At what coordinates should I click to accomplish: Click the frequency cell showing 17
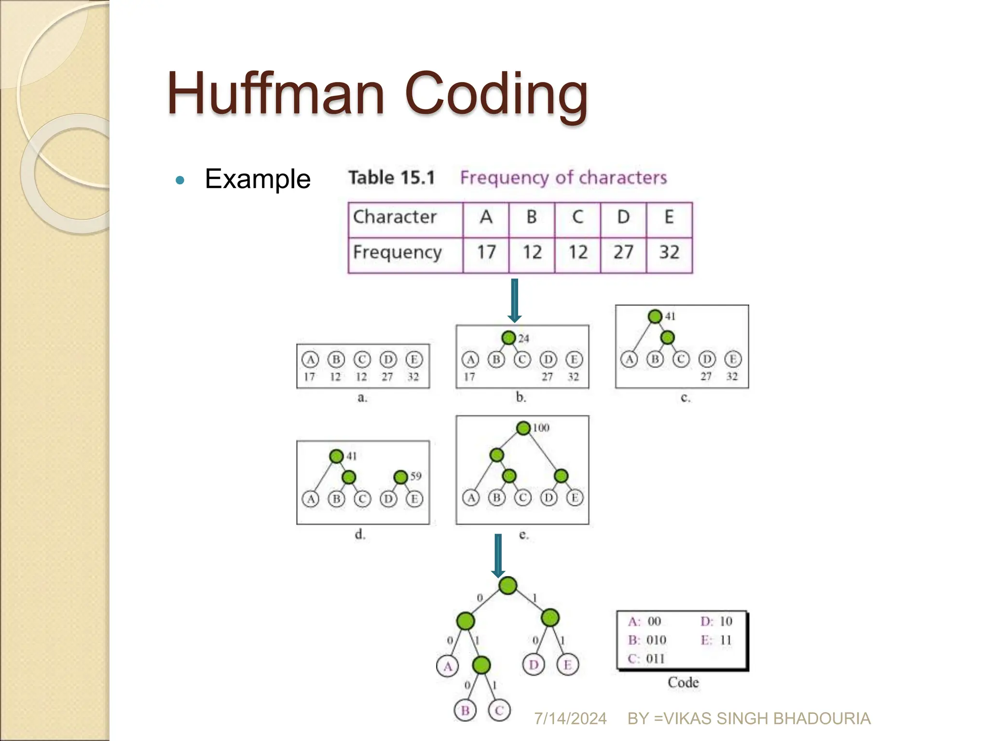[486, 252]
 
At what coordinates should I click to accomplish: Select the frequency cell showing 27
[623, 252]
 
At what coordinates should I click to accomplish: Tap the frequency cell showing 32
[669, 252]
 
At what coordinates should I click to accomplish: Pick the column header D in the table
[623, 217]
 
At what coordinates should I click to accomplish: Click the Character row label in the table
[395, 217]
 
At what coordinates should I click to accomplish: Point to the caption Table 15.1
[392, 178]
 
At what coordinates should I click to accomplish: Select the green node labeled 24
[508, 338]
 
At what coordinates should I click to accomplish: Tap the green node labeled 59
[401, 477]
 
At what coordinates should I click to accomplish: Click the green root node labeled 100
[523, 428]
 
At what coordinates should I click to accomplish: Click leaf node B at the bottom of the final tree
[465, 711]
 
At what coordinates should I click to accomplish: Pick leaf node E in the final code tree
[568, 665]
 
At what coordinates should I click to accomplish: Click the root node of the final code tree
[508, 586]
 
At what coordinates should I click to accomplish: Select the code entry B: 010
[647, 640]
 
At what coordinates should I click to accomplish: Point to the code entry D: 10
[716, 621]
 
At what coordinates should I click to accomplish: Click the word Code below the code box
[683, 682]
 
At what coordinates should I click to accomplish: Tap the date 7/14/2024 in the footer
[570, 719]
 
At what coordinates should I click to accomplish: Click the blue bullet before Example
[180, 180]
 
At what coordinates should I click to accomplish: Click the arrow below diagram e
[498, 555]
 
